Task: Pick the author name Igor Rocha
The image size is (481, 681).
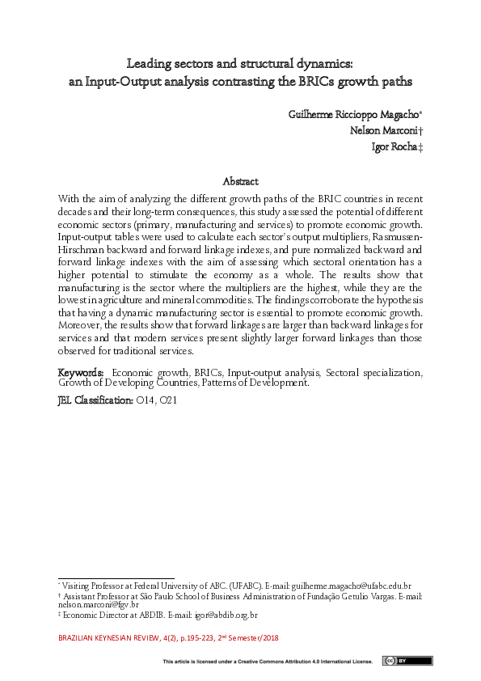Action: pyautogui.click(x=390, y=146)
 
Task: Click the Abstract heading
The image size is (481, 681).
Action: pyautogui.click(x=240, y=182)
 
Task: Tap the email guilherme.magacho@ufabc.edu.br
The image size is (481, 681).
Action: pyautogui.click(x=349, y=585)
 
